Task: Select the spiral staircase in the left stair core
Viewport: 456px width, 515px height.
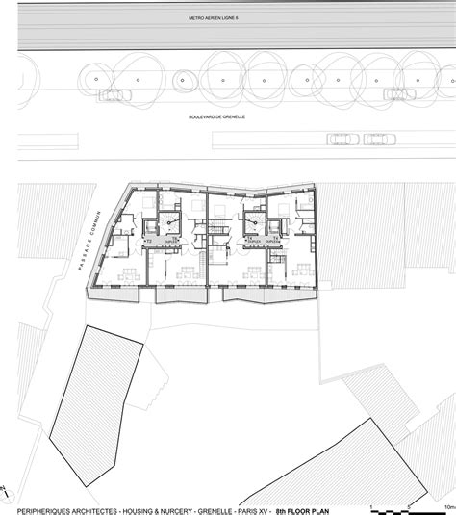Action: [170, 223]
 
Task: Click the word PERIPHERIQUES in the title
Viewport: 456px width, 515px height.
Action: [39, 508]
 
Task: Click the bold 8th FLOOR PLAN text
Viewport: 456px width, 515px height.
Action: [303, 508]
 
